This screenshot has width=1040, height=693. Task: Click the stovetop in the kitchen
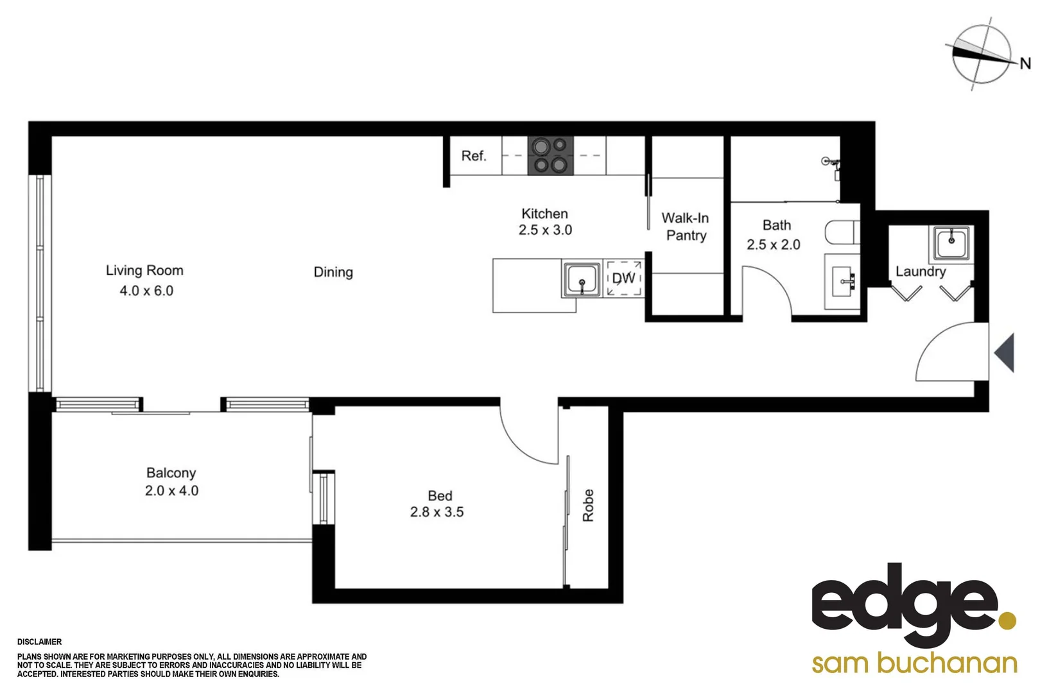550,155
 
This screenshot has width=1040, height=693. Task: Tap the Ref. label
474,156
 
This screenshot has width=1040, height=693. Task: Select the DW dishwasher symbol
624,278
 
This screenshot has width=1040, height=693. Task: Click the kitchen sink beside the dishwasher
582,279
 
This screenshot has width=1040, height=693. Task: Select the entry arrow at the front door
1005,352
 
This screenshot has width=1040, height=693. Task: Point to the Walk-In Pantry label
686,227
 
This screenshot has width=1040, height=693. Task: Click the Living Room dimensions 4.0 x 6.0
146,291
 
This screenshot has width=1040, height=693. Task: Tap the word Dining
333,272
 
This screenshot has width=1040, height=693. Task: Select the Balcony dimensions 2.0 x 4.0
171,491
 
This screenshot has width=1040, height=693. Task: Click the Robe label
588,505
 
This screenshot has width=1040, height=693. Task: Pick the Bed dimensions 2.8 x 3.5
437,512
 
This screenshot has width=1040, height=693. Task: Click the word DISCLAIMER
40,642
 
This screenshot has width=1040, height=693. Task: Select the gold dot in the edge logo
1007,620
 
